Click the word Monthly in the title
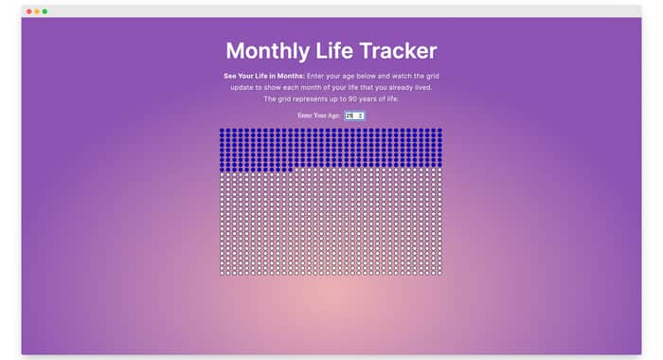[268, 51]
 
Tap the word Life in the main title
[335, 51]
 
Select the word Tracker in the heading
[399, 51]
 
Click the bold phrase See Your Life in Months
[264, 76]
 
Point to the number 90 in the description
[352, 99]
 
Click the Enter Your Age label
[319, 116]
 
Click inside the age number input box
[350, 116]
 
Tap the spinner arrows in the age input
[361, 116]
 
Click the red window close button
[29, 11]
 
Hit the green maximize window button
[45, 11]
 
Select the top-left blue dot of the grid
[222, 131]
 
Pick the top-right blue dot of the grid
[439, 131]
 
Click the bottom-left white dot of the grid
[222, 273]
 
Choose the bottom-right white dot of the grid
[439, 273]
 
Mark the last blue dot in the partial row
[291, 170]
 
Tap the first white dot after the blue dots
[296, 170]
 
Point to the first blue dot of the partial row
[222, 170]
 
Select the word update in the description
[242, 88]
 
